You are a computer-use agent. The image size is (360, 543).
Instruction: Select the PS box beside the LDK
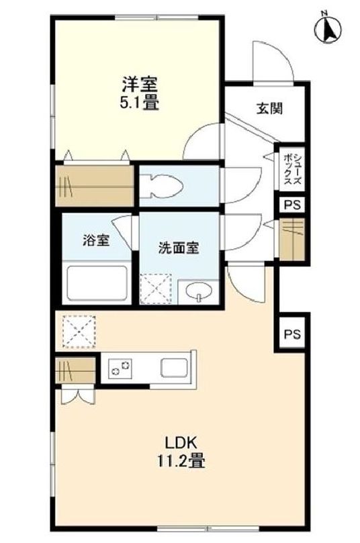click(291, 333)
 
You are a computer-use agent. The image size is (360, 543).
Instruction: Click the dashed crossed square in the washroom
click(156, 289)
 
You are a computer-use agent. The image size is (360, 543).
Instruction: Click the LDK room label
click(180, 443)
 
